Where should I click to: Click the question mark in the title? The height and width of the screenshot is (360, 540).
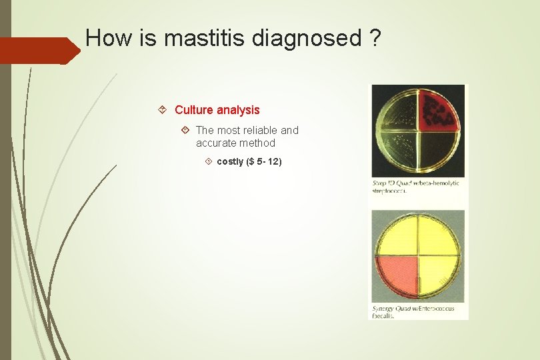pyautogui.click(x=375, y=38)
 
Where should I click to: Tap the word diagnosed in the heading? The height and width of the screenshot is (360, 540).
pyautogui.click(x=306, y=39)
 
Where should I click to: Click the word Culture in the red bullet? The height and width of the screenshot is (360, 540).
pyautogui.click(x=193, y=110)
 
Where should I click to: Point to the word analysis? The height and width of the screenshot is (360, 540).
pyautogui.click(x=238, y=110)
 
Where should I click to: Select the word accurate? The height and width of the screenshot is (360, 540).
pyautogui.click(x=217, y=143)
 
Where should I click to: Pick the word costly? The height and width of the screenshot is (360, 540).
pyautogui.click(x=230, y=161)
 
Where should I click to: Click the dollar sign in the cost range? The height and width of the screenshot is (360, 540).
pyautogui.click(x=251, y=161)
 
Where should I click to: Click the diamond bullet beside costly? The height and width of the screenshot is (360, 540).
pyautogui.click(x=209, y=161)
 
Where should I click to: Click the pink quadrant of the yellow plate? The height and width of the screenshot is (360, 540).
pyautogui.click(x=397, y=278)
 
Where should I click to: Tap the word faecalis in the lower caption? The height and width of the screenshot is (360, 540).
pyautogui.click(x=383, y=316)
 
